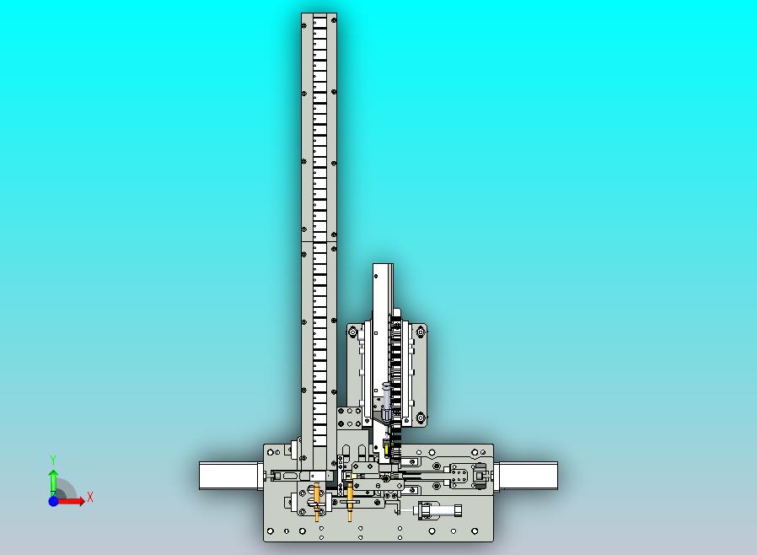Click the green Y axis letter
click(53, 460)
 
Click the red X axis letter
click(90, 497)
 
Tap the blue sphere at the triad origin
click(54, 501)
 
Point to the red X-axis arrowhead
click(81, 501)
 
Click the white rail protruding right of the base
click(526, 476)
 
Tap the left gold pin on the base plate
click(317, 503)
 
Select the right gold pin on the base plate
click(350, 503)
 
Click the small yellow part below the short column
click(386, 448)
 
